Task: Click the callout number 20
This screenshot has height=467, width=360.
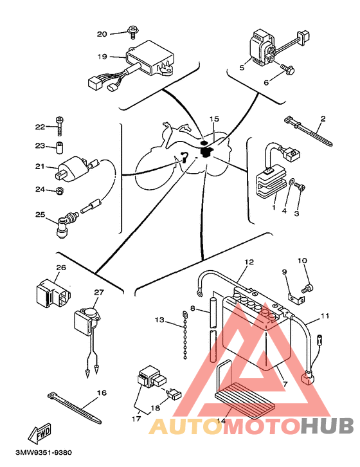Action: tap(102, 34)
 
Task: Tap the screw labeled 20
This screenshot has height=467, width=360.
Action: tap(132, 32)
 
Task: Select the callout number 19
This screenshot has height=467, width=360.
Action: tap(102, 57)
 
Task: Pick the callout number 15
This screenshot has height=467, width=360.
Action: tap(214, 119)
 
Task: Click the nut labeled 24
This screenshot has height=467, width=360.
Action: tap(59, 190)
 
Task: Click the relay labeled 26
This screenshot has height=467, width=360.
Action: tap(53, 293)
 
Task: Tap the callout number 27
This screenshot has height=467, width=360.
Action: tap(99, 292)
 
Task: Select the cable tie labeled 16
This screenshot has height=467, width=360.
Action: tap(74, 407)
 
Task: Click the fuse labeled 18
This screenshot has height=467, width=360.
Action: tap(175, 394)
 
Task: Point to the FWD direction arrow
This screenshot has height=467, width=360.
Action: tap(40, 432)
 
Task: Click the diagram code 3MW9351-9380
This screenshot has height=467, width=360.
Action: tap(44, 453)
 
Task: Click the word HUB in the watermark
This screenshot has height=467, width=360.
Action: tap(327, 426)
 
